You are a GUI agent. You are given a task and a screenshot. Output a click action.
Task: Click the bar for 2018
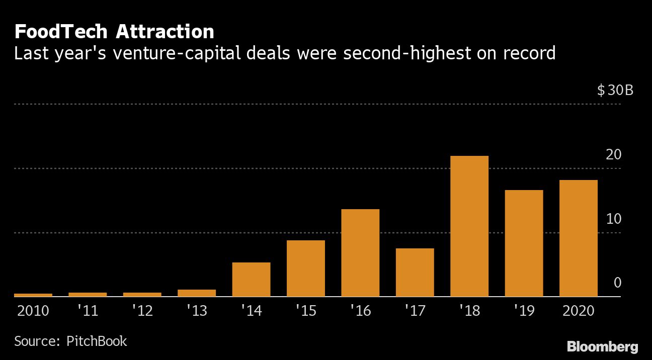(469, 226)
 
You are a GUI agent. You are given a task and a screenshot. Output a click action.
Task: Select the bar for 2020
(578, 238)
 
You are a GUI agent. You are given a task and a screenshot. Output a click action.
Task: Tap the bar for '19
(524, 243)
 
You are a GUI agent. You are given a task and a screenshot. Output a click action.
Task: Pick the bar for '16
(360, 253)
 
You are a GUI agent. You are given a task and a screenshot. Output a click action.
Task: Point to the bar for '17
(415, 273)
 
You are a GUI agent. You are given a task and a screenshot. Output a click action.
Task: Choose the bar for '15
(306, 268)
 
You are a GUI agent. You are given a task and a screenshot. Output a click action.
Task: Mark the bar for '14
(251, 280)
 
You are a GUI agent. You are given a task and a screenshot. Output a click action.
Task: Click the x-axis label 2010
(33, 311)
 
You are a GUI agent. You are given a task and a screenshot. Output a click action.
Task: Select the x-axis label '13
(197, 311)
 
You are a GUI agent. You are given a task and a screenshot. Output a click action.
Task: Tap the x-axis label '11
(88, 311)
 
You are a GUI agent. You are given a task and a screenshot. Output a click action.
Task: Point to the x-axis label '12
(142, 311)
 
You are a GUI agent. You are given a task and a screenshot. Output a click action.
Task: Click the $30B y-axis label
(615, 91)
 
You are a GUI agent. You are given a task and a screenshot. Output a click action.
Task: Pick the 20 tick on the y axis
(614, 155)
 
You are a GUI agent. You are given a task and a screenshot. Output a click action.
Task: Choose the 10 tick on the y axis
(614, 219)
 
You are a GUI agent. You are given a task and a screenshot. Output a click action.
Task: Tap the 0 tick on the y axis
(617, 283)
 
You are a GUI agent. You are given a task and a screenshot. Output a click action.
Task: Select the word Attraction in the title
(166, 32)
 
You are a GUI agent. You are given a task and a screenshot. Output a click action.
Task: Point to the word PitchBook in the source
(97, 341)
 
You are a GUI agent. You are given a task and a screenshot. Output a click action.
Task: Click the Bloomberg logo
(602, 346)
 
